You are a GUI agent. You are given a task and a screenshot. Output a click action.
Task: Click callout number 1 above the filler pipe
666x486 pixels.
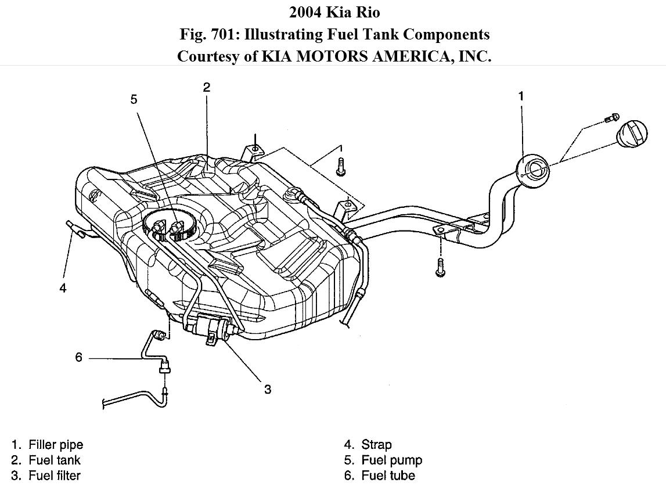[x=521, y=96]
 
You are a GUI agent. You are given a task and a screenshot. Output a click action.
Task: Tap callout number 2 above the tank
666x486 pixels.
[x=207, y=88]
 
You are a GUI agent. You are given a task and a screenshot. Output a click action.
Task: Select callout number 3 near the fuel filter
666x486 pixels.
[x=268, y=389]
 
